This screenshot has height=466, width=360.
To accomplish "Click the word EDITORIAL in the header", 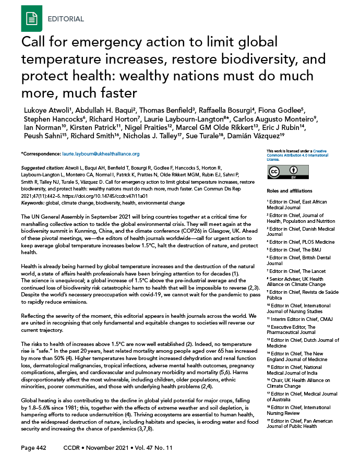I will coord(66,19).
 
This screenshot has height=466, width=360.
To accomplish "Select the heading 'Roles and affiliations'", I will coord(289,190).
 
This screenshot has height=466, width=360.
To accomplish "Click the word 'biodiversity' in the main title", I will coord(209,59).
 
